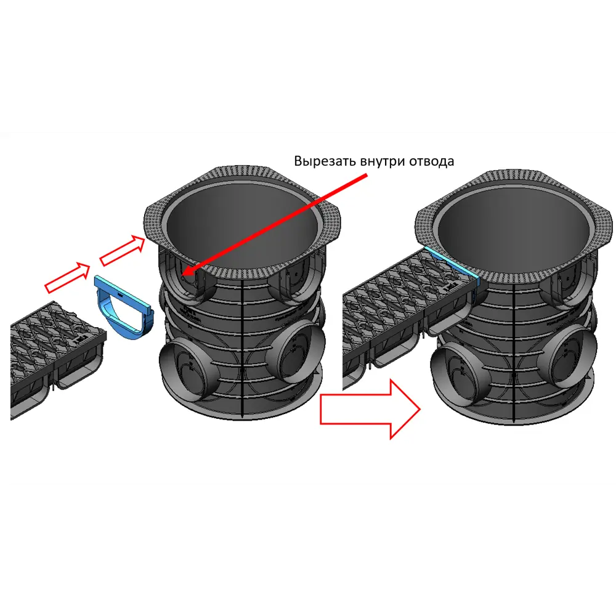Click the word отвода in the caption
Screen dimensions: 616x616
(431, 161)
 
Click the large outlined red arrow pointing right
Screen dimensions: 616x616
(370, 409)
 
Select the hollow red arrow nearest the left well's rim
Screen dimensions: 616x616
(123, 250)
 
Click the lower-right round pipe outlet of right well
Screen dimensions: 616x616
(572, 357)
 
